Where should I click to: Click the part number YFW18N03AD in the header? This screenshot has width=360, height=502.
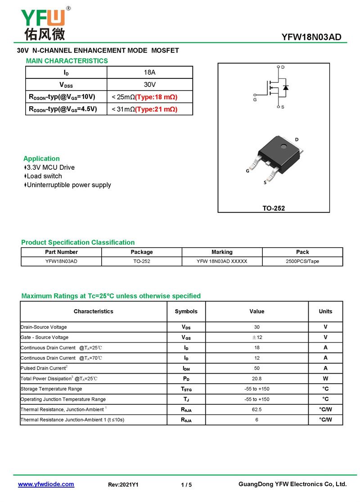click(x=311, y=37)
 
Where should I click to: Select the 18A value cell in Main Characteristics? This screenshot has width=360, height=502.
click(x=149, y=72)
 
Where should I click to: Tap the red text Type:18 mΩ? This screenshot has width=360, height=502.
click(x=156, y=97)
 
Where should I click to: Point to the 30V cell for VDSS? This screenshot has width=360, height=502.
click(x=149, y=85)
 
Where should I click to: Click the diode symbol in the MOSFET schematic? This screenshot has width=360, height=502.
click(x=286, y=87)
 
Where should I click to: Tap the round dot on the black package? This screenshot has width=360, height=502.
click(x=283, y=145)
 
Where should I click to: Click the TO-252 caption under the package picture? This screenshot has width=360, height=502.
click(x=274, y=208)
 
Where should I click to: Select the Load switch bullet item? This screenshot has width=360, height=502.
click(x=44, y=176)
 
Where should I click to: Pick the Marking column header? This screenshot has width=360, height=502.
click(x=222, y=252)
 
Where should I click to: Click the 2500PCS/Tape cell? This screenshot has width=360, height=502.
click(x=302, y=261)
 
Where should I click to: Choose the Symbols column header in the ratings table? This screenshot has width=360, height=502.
click(x=186, y=311)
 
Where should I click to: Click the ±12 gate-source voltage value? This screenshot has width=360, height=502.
click(x=256, y=337)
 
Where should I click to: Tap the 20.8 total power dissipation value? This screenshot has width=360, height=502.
click(x=256, y=379)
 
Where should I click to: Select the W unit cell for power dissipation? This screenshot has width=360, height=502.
click(x=325, y=379)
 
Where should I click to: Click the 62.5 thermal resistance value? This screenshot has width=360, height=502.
click(x=256, y=410)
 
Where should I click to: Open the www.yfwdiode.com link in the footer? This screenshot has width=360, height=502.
click(x=46, y=484)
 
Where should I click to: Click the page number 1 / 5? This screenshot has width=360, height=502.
click(x=186, y=485)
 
